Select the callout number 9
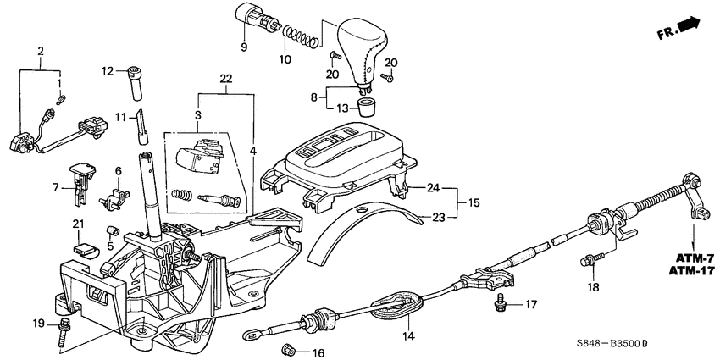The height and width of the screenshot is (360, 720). click(245, 47)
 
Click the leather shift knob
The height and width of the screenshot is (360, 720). click(361, 47)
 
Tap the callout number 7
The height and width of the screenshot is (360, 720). click(57, 187)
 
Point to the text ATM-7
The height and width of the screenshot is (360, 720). click(688, 256)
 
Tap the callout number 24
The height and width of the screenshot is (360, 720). click(435, 187)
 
